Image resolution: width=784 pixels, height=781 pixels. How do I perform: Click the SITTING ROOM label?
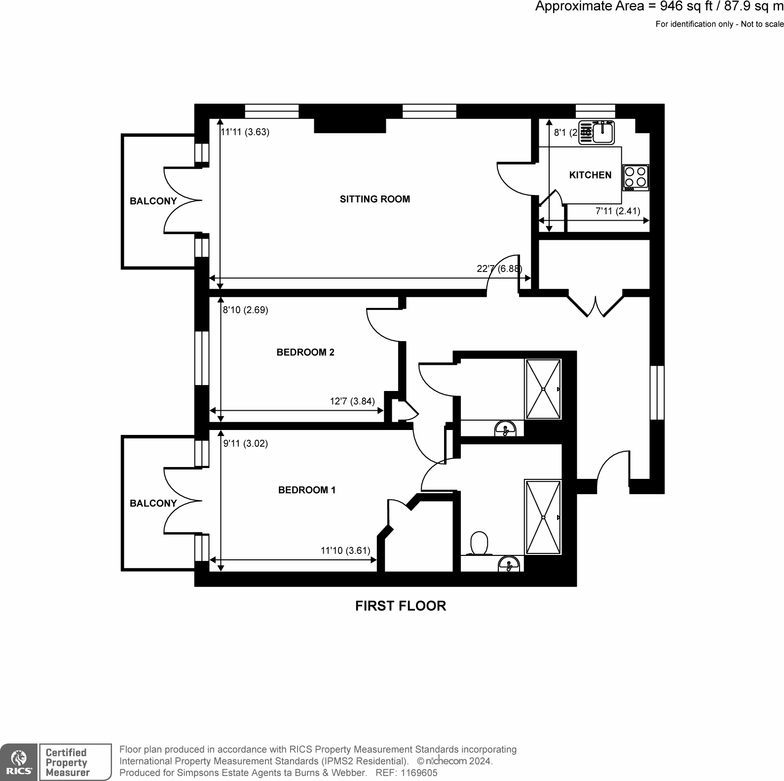[x=374, y=199]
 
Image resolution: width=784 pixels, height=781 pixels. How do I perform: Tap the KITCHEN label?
[x=590, y=175]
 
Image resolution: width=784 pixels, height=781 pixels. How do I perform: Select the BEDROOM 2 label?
[x=305, y=352]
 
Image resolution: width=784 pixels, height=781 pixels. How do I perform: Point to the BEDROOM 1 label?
[x=307, y=490]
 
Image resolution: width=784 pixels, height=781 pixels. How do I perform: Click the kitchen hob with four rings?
[x=635, y=178]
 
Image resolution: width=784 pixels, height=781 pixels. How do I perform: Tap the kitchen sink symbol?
[x=597, y=133]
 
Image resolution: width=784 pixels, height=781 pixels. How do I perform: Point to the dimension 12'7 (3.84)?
[x=352, y=401]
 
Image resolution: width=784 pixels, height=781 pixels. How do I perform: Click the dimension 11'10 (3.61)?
[x=345, y=550]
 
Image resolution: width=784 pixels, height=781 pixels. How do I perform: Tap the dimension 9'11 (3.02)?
[x=246, y=444]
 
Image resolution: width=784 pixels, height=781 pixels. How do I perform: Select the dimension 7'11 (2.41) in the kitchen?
[x=618, y=211]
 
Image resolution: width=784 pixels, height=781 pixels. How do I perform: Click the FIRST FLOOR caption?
[x=401, y=606]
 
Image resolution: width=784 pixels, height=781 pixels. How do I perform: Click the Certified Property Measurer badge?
[x=75, y=762]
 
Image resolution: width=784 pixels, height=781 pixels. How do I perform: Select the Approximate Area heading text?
[x=659, y=7]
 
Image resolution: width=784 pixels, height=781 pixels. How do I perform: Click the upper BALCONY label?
[x=153, y=201]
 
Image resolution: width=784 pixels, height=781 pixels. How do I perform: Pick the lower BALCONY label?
[x=153, y=504]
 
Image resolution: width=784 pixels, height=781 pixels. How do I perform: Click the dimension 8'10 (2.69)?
[x=245, y=311]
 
